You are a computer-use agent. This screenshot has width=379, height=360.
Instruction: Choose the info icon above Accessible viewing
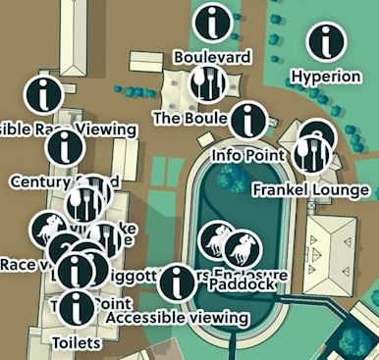[x=177, y=283]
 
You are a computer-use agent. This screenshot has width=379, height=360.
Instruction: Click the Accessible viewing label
[x=178, y=317]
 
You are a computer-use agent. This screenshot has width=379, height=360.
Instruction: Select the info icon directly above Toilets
[x=77, y=307]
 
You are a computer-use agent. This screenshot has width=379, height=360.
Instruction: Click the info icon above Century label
[x=66, y=147]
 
